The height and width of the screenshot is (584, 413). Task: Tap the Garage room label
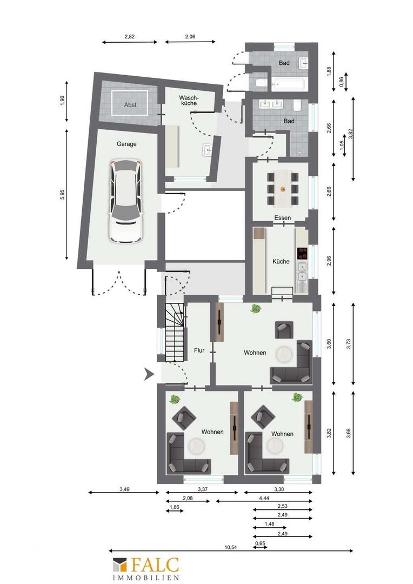[126, 144]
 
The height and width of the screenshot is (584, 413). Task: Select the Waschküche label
[189, 100]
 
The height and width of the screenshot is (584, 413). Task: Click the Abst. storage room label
[131, 105]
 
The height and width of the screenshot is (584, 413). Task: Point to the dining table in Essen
[283, 189]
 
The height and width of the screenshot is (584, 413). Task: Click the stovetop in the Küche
[302, 253]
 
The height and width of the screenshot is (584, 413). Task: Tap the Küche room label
[281, 262]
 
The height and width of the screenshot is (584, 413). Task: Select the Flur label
[199, 350]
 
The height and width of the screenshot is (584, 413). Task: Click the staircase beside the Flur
[175, 332]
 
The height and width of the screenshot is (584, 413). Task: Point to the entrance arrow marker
[149, 374]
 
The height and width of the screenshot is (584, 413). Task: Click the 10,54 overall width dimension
[231, 547]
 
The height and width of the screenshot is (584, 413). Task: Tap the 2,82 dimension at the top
[130, 37]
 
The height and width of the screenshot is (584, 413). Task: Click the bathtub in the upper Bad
[289, 84]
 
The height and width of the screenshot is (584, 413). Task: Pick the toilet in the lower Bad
[297, 107]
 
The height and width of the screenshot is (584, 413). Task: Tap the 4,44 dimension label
[264, 497]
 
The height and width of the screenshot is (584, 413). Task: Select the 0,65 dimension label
[260, 543]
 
